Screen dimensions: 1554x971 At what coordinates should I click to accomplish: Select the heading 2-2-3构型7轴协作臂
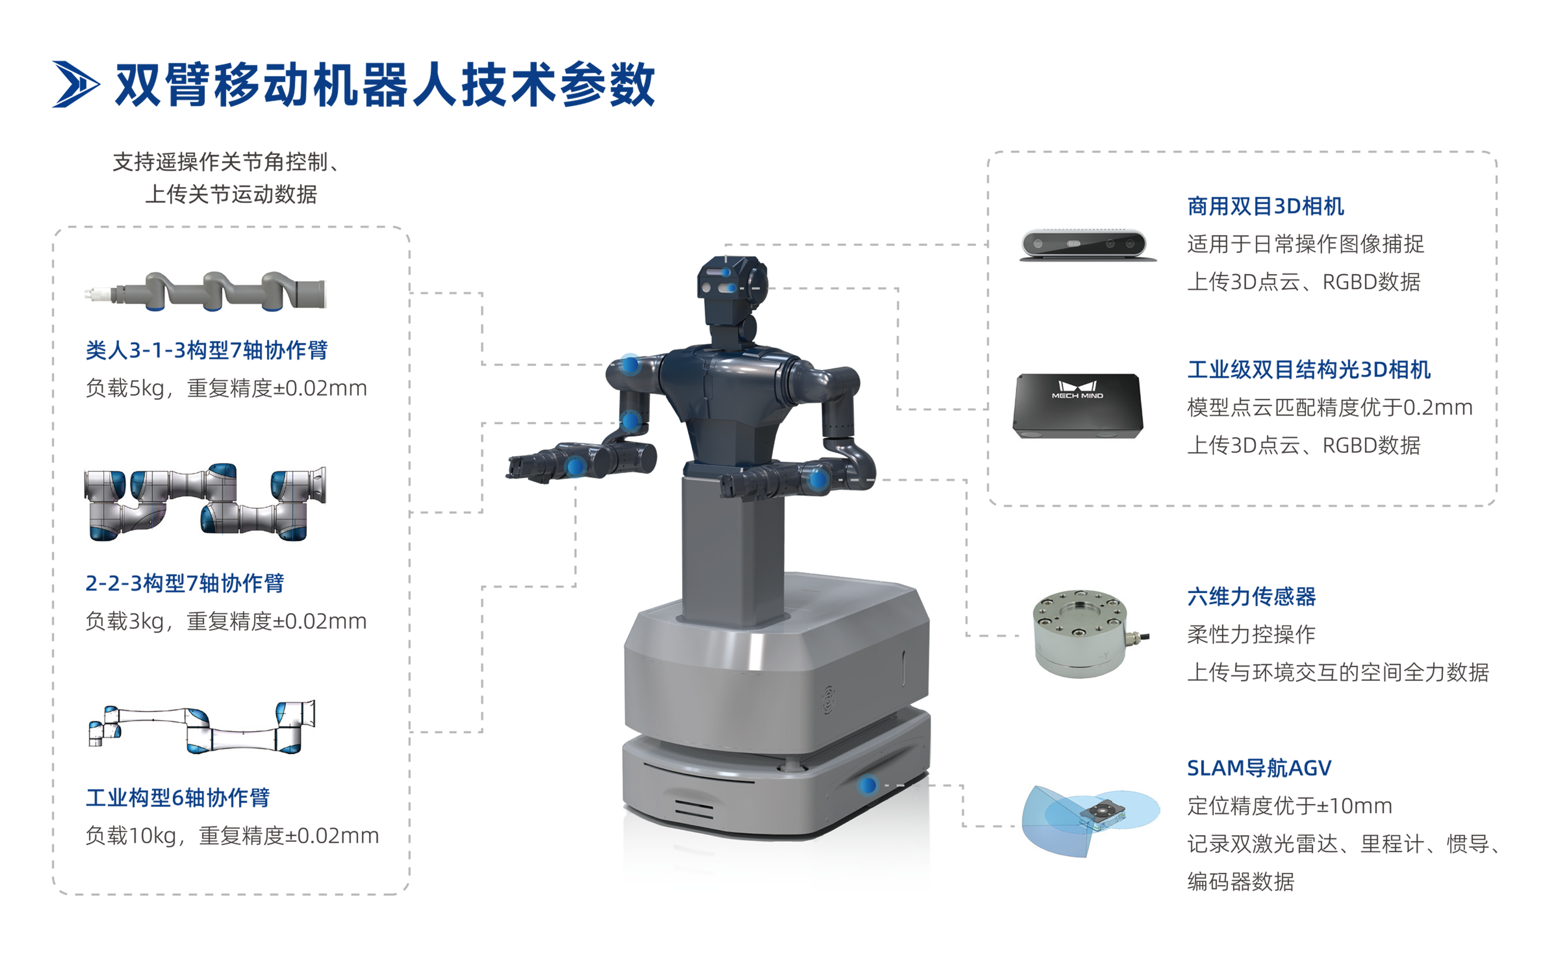click(184, 583)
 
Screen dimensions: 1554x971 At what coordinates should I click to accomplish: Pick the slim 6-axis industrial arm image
click(202, 726)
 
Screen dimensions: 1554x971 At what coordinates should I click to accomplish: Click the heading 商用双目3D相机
click(1265, 206)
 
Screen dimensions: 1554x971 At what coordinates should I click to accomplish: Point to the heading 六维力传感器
click(1251, 597)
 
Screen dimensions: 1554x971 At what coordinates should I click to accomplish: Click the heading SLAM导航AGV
click(1259, 768)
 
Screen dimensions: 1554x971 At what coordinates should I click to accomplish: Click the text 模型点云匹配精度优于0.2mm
click(1329, 407)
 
